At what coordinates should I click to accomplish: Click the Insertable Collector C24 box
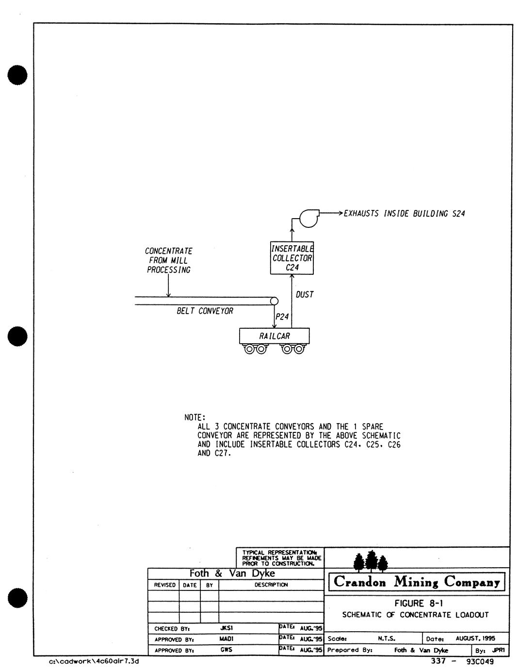point(291,258)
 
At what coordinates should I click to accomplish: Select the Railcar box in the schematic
point(275,336)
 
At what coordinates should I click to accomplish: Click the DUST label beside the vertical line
point(305,294)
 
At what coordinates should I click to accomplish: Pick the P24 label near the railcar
point(282,317)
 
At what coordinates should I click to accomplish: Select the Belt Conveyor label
point(205,311)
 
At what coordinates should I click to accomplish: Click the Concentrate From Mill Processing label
point(169,260)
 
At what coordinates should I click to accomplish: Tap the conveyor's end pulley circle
point(274,301)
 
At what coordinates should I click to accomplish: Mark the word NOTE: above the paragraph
point(195,417)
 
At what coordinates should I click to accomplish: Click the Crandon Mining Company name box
point(417,581)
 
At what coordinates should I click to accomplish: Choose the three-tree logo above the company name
point(371,561)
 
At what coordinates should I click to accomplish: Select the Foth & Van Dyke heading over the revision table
point(232,573)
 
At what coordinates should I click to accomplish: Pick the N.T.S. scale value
point(387,638)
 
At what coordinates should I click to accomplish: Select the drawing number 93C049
point(480,661)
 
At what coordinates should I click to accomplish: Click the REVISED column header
point(164,585)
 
